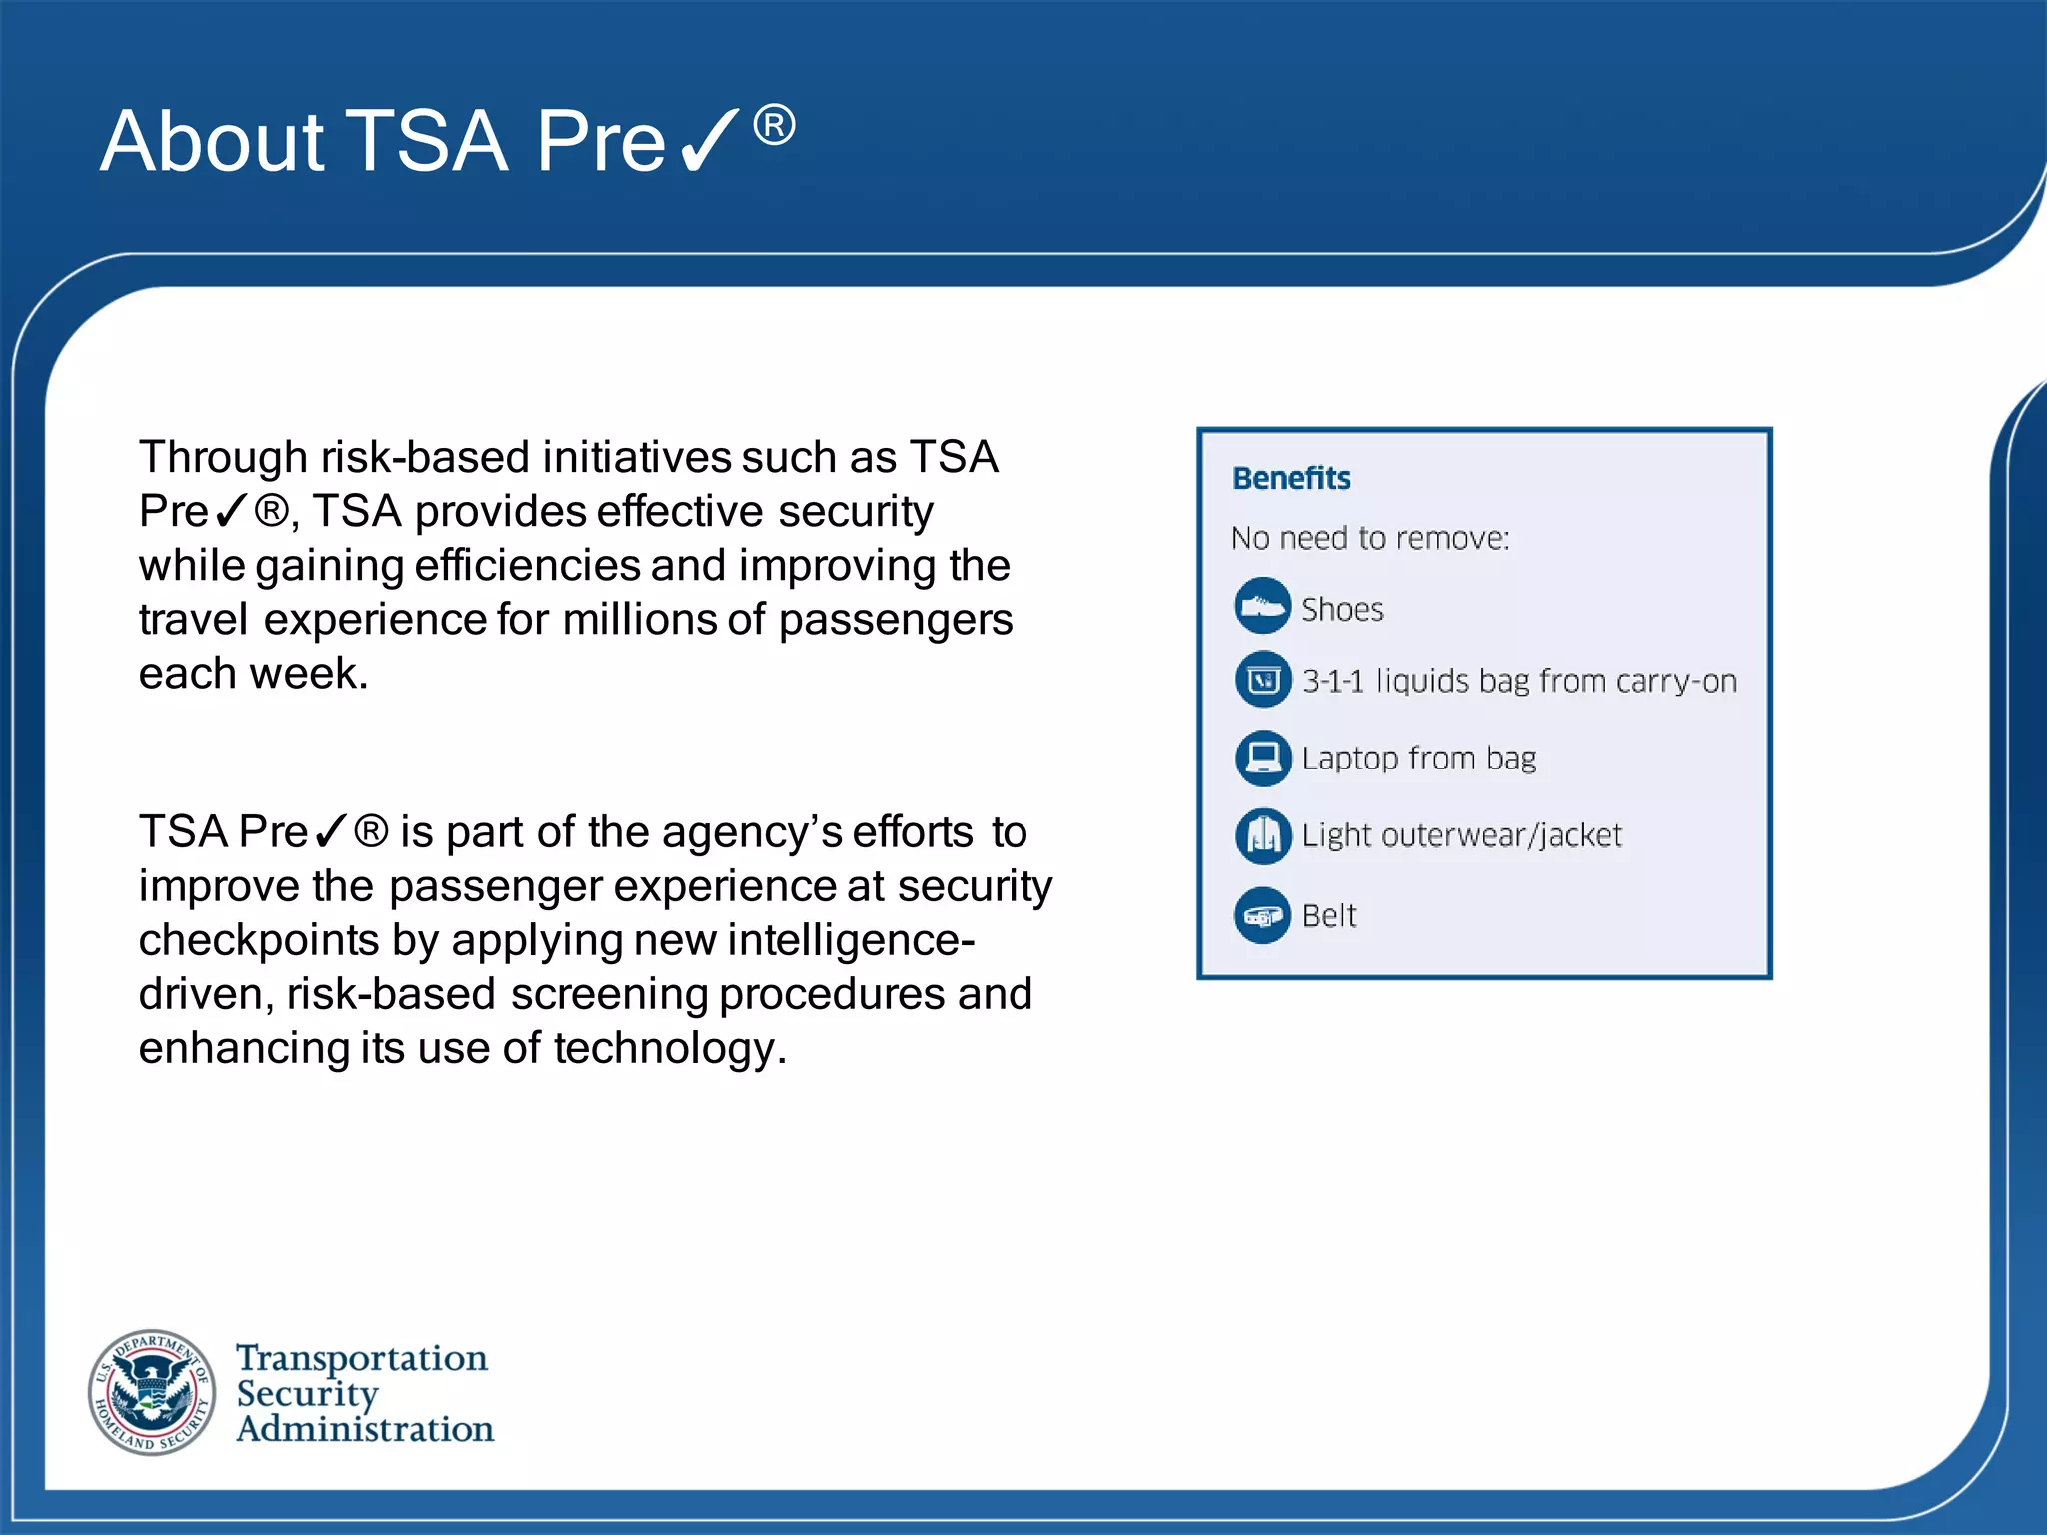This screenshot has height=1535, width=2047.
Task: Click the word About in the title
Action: (x=212, y=141)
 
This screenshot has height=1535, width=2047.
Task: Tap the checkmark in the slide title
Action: (x=708, y=141)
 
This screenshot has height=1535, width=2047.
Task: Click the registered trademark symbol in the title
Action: (x=774, y=126)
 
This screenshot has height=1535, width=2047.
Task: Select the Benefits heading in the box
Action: (x=1291, y=478)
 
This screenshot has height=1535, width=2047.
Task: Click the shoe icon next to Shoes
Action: (x=1263, y=606)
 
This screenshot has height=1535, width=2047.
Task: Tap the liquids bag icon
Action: (x=1263, y=681)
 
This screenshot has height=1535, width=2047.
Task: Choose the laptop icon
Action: (x=1263, y=758)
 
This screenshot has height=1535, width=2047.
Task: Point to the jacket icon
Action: (x=1263, y=835)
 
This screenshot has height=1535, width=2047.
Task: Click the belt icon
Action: (x=1263, y=915)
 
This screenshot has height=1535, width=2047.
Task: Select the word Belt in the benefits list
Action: (x=1329, y=915)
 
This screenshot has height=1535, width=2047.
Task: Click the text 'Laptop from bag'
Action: (x=1418, y=759)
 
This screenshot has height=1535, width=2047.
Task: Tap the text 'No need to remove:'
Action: (x=1369, y=538)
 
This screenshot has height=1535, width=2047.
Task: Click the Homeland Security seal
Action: (x=152, y=1392)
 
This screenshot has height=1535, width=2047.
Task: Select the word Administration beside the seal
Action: (x=365, y=1429)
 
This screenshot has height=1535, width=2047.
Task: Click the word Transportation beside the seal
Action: (x=362, y=1358)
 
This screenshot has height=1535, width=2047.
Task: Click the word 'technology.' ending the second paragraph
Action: (x=670, y=1048)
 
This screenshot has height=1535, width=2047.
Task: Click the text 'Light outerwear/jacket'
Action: (x=1461, y=835)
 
